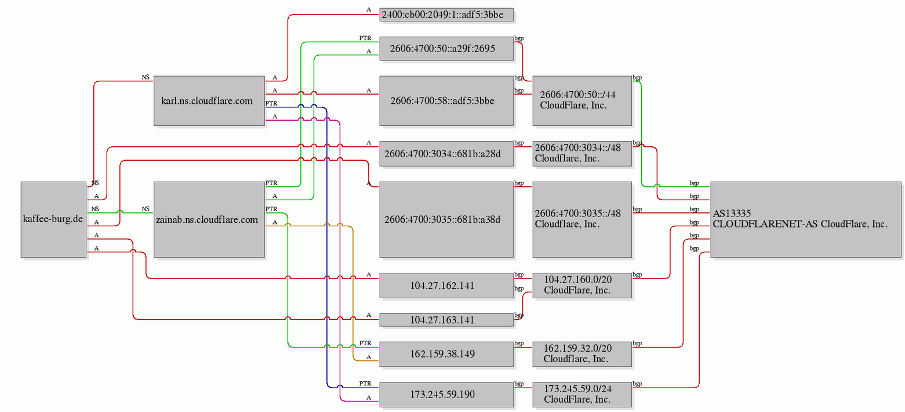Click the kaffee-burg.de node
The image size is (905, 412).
click(x=54, y=219)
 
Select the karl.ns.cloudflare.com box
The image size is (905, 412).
click(x=209, y=100)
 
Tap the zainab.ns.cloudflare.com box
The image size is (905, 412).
click(x=209, y=219)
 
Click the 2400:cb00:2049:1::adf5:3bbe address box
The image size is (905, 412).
click(x=446, y=15)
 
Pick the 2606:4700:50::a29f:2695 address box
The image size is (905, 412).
click(x=446, y=49)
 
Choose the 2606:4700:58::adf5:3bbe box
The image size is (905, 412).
click(x=446, y=100)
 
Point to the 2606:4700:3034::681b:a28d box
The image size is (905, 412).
click(x=446, y=154)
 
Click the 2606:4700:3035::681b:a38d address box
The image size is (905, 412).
click(x=446, y=219)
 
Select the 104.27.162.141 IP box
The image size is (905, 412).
click(x=446, y=285)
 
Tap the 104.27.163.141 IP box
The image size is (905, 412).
click(x=446, y=320)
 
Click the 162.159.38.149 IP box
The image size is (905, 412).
click(x=446, y=354)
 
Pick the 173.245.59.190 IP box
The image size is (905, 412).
click(x=446, y=395)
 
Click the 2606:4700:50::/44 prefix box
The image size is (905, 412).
click(x=582, y=100)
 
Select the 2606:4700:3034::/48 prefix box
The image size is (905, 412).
click(x=582, y=154)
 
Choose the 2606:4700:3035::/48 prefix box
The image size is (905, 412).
click(x=582, y=219)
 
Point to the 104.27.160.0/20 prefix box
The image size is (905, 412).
click(x=582, y=285)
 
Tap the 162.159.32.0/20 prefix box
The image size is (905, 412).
click(x=582, y=354)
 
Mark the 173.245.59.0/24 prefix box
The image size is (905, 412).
click(x=582, y=395)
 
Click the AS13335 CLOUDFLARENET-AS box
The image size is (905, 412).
click(x=806, y=219)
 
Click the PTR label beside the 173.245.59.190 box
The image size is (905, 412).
click(x=365, y=384)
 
